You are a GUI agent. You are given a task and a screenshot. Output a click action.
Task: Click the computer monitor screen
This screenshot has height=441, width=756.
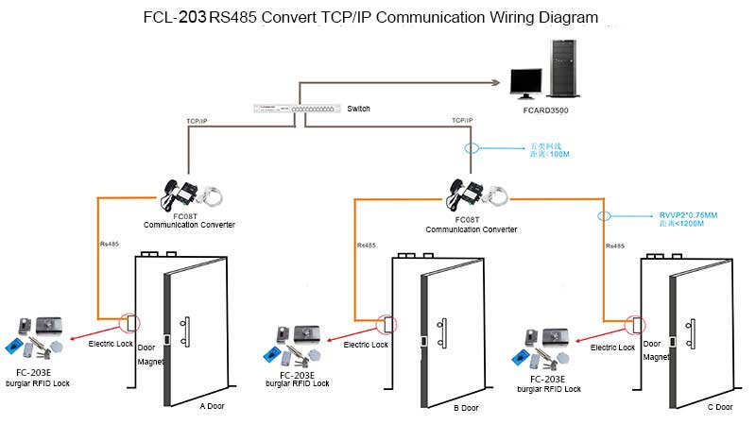point(526,81)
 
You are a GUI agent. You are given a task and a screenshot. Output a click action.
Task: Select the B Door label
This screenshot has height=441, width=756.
point(466,407)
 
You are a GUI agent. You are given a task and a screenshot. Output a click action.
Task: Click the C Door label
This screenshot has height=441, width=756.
point(719,407)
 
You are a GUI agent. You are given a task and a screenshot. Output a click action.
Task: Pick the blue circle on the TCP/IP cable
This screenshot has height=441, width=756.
point(472,148)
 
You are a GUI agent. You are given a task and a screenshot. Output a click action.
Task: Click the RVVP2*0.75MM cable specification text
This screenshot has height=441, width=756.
point(689,216)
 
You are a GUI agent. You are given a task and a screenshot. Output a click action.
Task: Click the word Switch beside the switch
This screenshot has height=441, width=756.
point(358,109)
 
